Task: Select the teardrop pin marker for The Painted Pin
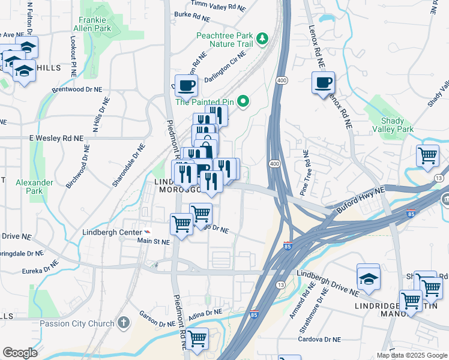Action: tap(243, 101)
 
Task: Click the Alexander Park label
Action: tap(30, 186)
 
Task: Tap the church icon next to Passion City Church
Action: tap(124, 323)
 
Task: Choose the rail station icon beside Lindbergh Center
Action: tap(147, 232)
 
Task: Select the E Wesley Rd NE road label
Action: tap(56, 138)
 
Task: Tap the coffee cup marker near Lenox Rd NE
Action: tap(323, 82)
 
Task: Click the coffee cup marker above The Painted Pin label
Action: tap(185, 85)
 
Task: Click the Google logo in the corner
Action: tap(20, 353)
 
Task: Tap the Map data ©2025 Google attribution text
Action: tap(412, 355)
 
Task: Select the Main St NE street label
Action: tap(154, 242)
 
